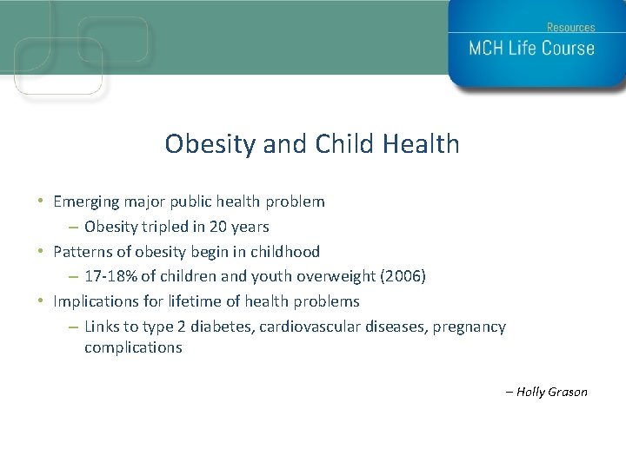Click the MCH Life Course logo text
pos(531,48)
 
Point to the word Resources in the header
pos(570,27)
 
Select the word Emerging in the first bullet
pos(85,201)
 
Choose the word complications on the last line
pos(133,347)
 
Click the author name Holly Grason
pos(551,392)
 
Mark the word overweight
pos(335,277)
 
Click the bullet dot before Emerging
pos(43,201)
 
